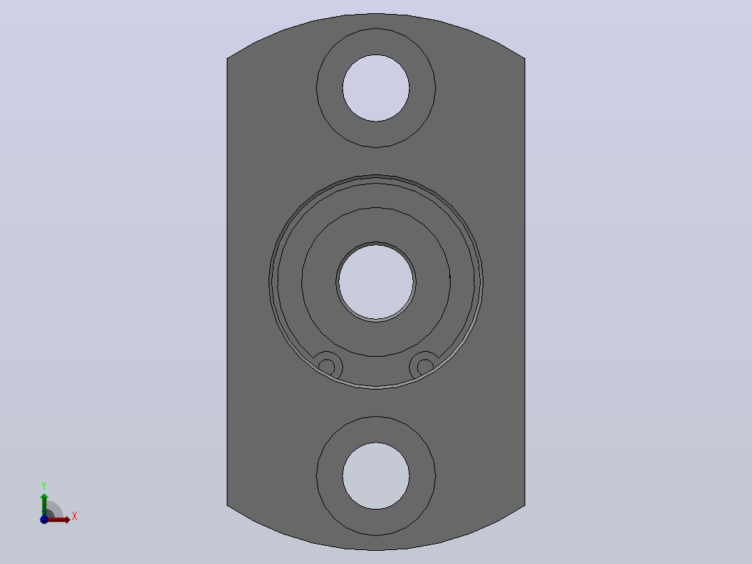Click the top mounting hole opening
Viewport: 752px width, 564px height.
tap(376, 88)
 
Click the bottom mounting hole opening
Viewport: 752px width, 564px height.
tap(376, 475)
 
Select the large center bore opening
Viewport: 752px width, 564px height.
tap(376, 282)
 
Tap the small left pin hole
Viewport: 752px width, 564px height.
tap(326, 368)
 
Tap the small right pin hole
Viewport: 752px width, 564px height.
tap(426, 368)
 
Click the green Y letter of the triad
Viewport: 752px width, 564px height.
tap(44, 486)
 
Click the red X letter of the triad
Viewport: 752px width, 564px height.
tap(75, 517)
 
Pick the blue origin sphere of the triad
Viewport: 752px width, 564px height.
tap(44, 519)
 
